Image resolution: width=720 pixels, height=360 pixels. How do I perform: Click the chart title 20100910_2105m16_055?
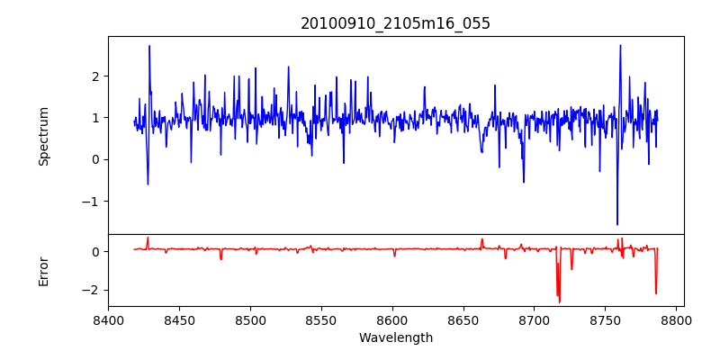pos(395,23)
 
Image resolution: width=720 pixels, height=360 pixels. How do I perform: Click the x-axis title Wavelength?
pos(395,338)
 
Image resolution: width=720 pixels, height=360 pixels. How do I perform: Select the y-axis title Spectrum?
pos(43,136)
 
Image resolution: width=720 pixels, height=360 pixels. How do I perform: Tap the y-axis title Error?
pos(43,271)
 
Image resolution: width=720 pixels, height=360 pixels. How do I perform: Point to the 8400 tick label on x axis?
pos(108,320)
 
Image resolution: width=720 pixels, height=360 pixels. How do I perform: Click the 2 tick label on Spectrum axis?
pos(94,76)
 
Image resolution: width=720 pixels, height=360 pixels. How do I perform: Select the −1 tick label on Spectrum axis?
pos(91,202)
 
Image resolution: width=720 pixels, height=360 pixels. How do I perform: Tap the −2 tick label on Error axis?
pos(91,290)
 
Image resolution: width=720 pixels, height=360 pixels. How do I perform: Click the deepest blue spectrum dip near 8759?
pos(617,224)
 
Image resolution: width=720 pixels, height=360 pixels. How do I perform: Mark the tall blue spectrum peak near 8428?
pos(149,46)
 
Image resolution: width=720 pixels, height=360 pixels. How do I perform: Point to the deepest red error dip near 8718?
pos(559,301)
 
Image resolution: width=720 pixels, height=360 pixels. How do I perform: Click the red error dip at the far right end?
pos(656,293)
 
